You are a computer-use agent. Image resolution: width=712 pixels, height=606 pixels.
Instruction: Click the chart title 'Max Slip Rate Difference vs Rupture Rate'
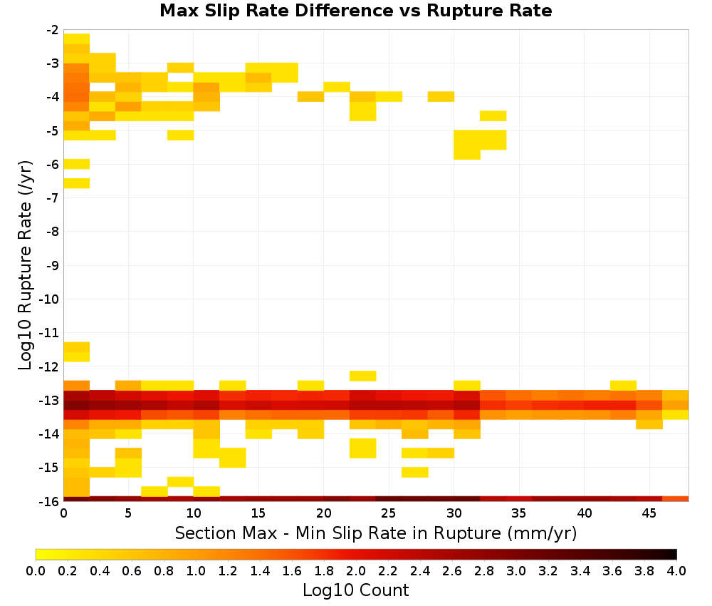[x=355, y=11]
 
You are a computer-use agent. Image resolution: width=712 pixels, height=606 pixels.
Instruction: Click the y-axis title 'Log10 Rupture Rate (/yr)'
[x=25, y=265]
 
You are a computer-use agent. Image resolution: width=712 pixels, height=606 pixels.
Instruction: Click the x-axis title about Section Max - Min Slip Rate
[x=375, y=533]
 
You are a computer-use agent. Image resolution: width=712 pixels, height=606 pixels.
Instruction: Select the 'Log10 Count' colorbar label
[x=355, y=590]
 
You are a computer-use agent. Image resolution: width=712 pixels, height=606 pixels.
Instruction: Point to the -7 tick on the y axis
[x=52, y=197]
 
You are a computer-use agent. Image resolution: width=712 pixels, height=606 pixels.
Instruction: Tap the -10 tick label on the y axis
[x=50, y=299]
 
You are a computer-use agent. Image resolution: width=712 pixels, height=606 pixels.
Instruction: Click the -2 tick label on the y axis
[x=52, y=30]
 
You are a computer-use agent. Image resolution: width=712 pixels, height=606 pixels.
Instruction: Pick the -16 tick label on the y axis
[x=50, y=501]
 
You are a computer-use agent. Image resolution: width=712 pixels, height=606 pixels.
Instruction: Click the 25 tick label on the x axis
[x=389, y=513]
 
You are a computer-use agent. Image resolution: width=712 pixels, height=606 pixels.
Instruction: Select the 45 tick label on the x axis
[x=649, y=513]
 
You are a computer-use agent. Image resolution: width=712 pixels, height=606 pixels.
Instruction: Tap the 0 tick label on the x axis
[x=63, y=513]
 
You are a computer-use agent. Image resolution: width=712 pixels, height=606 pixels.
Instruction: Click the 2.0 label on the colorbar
[x=356, y=570]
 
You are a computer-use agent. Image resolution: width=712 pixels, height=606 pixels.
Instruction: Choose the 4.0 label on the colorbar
[x=676, y=570]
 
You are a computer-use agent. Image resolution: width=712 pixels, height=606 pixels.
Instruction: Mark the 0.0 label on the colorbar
[x=36, y=570]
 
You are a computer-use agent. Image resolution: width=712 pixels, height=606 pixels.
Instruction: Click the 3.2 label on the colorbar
[x=548, y=570]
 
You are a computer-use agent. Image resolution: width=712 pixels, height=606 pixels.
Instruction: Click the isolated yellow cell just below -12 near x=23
[x=363, y=376]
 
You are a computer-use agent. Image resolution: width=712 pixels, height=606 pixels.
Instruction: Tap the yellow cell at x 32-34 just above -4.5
[x=493, y=116]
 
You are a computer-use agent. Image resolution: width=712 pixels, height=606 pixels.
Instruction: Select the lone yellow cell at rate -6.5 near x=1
[x=77, y=183]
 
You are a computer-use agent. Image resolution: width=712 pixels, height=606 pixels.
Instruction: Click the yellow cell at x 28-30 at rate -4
[x=441, y=96]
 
